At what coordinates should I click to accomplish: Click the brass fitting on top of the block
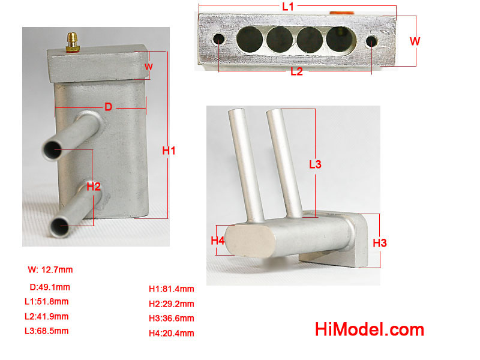pos(73,42)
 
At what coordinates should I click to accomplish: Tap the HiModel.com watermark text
pos(370,329)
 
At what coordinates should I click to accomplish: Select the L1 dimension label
pos(288,7)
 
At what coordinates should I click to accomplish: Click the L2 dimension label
pos(296,71)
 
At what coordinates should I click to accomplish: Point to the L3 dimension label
pos(315,164)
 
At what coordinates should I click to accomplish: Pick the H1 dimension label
pos(169,151)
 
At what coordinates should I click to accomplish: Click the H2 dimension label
pos(94,187)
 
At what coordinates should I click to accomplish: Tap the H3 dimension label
pos(380,243)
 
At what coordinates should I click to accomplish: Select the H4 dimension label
pos(218,241)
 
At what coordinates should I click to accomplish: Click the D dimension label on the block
pos(109,107)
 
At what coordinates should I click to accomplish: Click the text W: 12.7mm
pos(50,269)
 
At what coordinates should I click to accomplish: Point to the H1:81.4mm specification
pos(172,289)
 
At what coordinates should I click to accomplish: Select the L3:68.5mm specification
pos(47,331)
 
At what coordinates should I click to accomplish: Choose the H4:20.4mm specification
pos(172,334)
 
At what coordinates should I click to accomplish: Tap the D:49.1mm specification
pos(50,287)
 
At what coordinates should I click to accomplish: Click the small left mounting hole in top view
pos(218,39)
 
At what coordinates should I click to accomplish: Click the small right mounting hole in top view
pos(371,41)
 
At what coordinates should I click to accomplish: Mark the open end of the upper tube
pos(52,150)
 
